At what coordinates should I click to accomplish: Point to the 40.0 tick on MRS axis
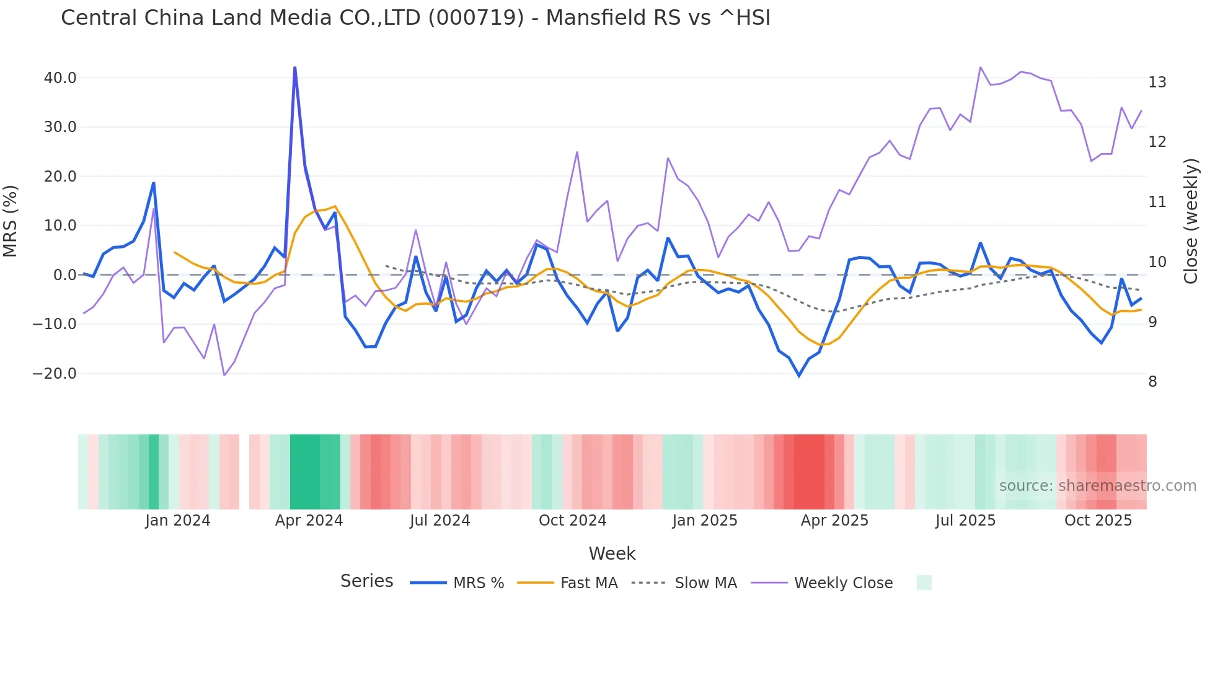(60, 78)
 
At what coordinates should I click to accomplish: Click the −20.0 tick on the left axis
(55, 374)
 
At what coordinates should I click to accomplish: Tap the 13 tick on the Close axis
(1157, 82)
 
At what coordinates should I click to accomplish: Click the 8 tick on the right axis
(1152, 382)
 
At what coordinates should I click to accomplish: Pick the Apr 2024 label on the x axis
(309, 521)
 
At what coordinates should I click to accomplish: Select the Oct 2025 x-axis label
(1098, 521)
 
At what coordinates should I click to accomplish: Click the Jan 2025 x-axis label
(704, 521)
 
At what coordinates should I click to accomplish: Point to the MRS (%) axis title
(11, 221)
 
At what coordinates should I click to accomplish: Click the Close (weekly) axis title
(1190, 221)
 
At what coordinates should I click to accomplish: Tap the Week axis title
(612, 553)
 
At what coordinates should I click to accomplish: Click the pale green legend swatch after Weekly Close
(924, 583)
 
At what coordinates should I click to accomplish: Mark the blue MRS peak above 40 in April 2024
(294, 68)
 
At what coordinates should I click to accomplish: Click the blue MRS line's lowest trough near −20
(799, 376)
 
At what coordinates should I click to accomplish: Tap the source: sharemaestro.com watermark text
(1097, 486)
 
